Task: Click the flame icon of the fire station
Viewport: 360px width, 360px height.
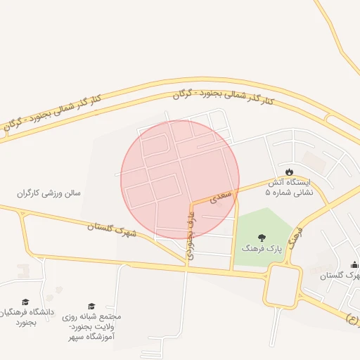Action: tap(289, 172)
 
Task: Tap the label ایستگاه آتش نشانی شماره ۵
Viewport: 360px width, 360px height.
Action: tap(289, 186)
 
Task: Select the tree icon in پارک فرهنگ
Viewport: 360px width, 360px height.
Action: tap(262, 237)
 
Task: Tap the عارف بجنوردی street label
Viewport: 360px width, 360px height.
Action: tap(190, 235)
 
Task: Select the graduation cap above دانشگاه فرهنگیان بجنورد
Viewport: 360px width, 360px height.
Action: tap(25, 302)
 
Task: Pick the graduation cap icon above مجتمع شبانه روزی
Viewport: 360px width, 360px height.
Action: tap(91, 306)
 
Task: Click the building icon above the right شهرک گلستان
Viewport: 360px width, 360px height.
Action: tap(354, 264)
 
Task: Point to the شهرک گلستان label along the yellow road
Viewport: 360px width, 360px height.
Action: tap(113, 229)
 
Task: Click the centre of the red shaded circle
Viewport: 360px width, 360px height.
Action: tap(180, 179)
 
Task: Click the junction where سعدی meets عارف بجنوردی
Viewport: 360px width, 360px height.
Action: tap(191, 205)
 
